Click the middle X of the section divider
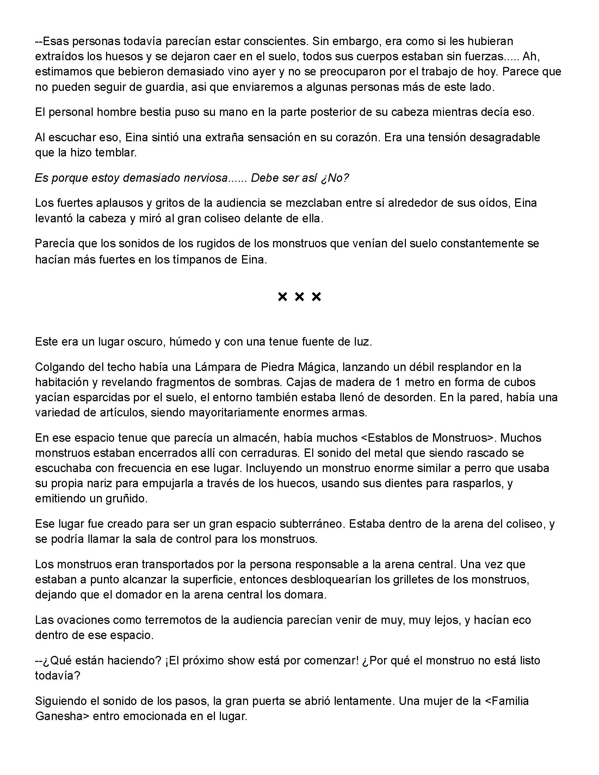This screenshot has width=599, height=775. (x=299, y=297)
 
